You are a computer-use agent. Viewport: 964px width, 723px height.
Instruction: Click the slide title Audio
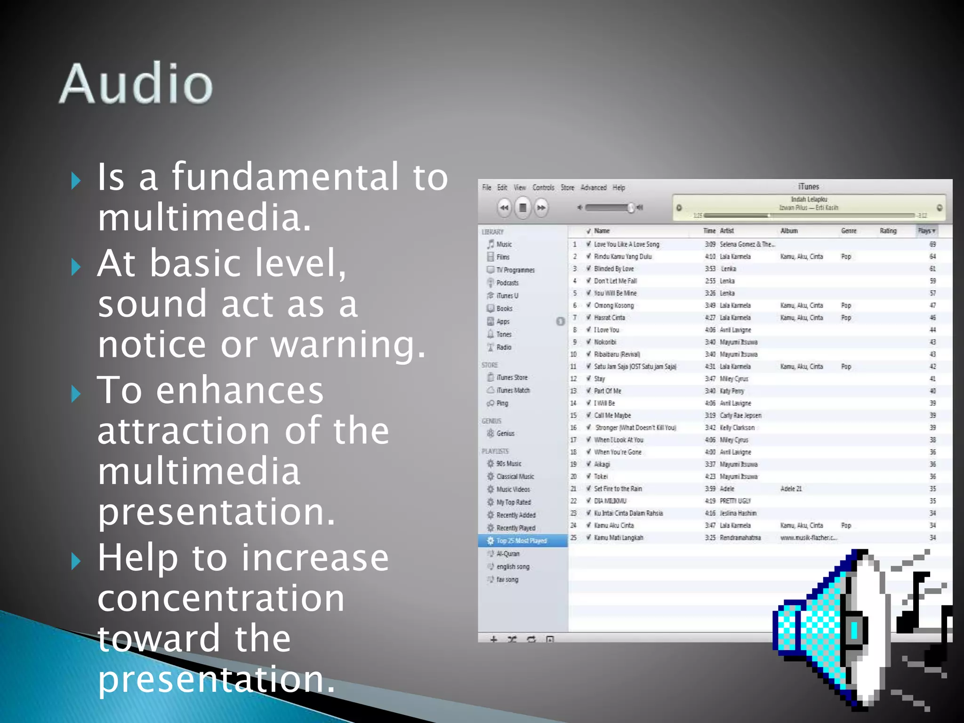click(x=136, y=84)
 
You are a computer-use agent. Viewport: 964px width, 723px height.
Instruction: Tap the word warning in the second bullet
click(x=348, y=345)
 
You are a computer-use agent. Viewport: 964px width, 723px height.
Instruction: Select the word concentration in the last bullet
click(x=221, y=599)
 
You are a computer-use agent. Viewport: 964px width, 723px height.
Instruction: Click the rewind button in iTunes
click(x=504, y=208)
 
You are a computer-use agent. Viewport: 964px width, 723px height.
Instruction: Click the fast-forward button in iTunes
click(x=541, y=208)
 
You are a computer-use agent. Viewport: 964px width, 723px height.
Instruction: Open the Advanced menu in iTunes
click(x=593, y=188)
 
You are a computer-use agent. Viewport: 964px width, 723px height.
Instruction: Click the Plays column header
click(x=926, y=231)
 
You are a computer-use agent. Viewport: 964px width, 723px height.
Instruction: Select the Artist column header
click(x=727, y=231)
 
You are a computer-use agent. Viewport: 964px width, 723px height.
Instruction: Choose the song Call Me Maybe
click(x=612, y=416)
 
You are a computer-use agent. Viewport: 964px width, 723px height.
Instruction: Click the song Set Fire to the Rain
click(x=618, y=489)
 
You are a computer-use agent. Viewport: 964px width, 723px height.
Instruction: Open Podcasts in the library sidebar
click(x=507, y=283)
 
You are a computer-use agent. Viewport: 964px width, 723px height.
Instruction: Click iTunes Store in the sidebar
click(x=512, y=378)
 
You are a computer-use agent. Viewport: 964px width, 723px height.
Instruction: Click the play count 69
click(x=932, y=244)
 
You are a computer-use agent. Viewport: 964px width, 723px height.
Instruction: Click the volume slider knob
click(x=631, y=208)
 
